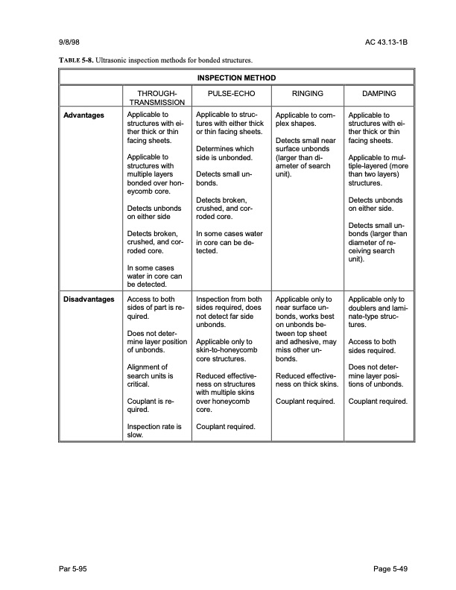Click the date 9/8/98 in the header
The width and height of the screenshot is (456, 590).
coord(69,41)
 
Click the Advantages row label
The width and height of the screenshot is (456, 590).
coord(83,115)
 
